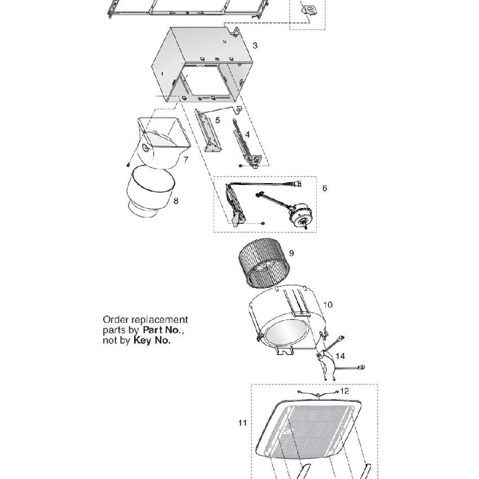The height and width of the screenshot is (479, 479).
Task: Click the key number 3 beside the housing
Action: click(255, 45)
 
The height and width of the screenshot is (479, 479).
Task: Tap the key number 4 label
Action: click(247, 135)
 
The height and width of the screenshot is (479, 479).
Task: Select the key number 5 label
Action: click(218, 121)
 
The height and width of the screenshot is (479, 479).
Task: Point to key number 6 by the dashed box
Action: click(325, 188)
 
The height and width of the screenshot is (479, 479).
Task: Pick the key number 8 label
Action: click(176, 201)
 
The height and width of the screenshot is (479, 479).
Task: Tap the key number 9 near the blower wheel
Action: click(291, 253)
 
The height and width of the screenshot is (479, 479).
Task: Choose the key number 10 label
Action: click(328, 305)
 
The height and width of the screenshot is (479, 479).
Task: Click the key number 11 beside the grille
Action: click(243, 421)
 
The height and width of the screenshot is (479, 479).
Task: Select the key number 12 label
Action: click(345, 391)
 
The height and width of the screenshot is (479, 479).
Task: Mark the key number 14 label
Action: click(340, 356)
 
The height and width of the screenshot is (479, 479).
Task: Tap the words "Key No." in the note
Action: click(152, 340)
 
